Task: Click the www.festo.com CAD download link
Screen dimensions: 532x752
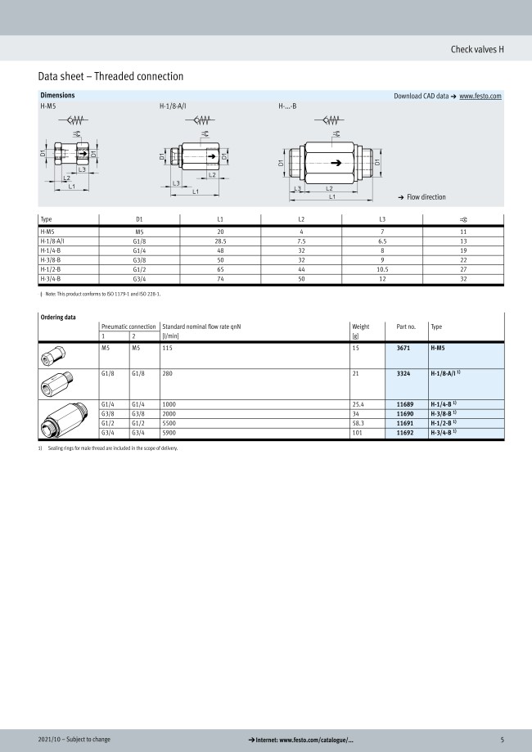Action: (480, 96)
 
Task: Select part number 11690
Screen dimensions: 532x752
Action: (404, 413)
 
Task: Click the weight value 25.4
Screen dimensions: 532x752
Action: (357, 403)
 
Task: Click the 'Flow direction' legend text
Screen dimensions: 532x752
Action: (426, 197)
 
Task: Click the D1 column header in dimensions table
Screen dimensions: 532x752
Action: (139, 219)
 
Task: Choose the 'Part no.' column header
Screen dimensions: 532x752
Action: (406, 326)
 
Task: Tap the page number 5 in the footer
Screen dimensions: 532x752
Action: (503, 740)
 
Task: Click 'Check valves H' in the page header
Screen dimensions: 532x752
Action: (477, 49)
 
